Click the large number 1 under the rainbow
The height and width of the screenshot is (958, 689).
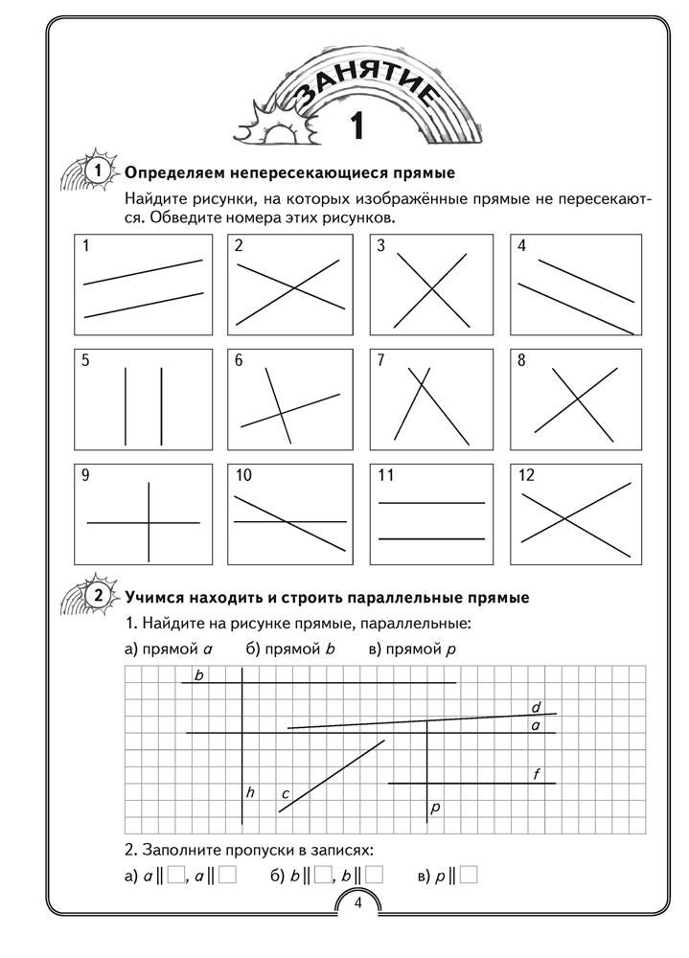click(x=356, y=126)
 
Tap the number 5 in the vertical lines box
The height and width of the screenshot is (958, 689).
click(x=86, y=361)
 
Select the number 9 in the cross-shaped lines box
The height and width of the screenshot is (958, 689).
click(x=86, y=475)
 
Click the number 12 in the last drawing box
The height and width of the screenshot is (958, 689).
click(x=525, y=475)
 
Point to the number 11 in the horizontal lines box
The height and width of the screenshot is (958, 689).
click(x=386, y=475)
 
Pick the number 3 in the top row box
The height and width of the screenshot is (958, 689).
click(x=380, y=246)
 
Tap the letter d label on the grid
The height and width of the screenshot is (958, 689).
click(x=537, y=707)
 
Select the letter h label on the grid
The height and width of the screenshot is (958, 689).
click(x=250, y=791)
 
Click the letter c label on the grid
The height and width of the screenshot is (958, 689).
click(x=285, y=793)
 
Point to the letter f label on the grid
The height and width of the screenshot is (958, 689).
click(x=537, y=772)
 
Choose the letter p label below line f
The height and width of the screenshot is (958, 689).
click(x=435, y=808)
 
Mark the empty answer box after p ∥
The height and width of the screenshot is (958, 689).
click(x=469, y=874)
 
